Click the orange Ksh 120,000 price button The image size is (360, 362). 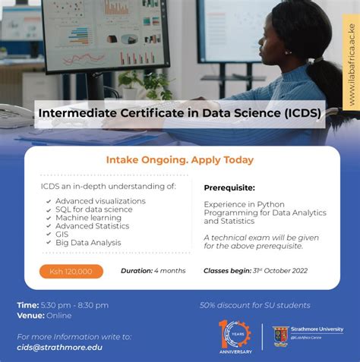point(71,271)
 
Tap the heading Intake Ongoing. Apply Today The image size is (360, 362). point(180,160)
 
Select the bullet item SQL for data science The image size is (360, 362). point(93,209)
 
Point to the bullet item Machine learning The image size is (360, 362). point(89,218)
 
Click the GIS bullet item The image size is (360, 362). point(62,235)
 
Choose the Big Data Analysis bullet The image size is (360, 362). point(87,243)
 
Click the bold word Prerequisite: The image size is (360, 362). point(229,187)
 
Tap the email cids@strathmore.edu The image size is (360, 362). point(59,347)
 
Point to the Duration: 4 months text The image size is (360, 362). point(153,271)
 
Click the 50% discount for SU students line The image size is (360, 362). point(254,305)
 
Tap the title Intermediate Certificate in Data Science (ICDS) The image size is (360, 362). point(179,113)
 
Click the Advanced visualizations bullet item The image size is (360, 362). point(99,201)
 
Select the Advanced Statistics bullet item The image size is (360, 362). point(92,226)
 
